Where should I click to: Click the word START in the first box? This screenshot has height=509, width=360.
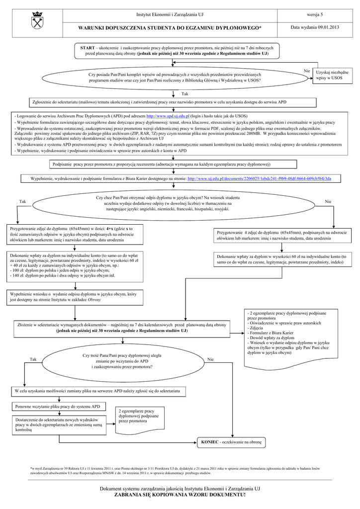87,46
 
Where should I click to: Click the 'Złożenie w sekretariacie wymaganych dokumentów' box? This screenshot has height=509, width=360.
122,327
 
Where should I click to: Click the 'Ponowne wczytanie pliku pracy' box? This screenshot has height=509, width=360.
58,406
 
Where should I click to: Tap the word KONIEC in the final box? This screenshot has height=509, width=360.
209,441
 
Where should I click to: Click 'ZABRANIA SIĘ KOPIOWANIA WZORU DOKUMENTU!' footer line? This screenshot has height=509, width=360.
180,495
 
